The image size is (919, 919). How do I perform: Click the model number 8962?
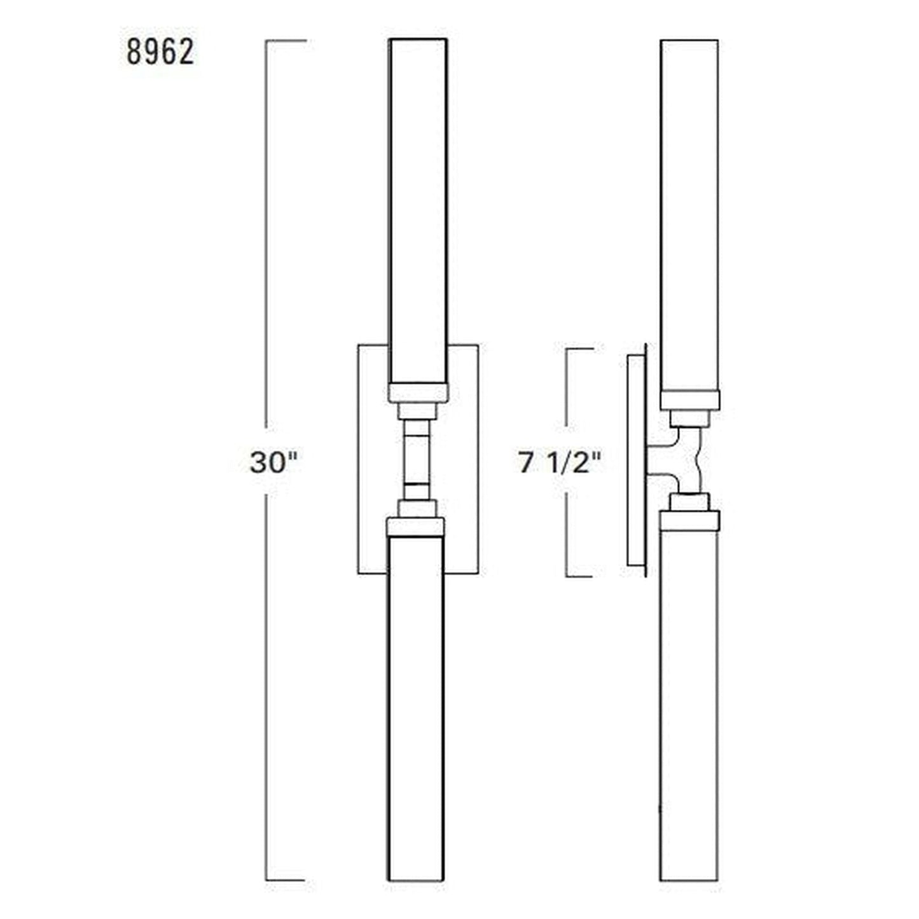[x=160, y=52]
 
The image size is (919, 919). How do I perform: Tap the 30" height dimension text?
[x=273, y=462]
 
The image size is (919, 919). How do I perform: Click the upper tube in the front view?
[x=418, y=210]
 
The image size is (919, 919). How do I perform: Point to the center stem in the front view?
[x=418, y=458]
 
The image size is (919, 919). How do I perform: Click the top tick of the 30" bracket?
[x=286, y=41]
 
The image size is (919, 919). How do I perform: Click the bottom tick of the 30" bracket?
[x=286, y=881]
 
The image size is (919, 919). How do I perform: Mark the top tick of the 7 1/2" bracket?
[x=580, y=349]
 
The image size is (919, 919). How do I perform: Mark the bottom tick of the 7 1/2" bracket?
[x=580, y=576]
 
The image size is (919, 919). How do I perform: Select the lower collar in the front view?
[x=416, y=527]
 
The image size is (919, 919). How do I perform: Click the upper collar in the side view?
[x=689, y=400]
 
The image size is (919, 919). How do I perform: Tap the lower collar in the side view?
[x=689, y=520]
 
